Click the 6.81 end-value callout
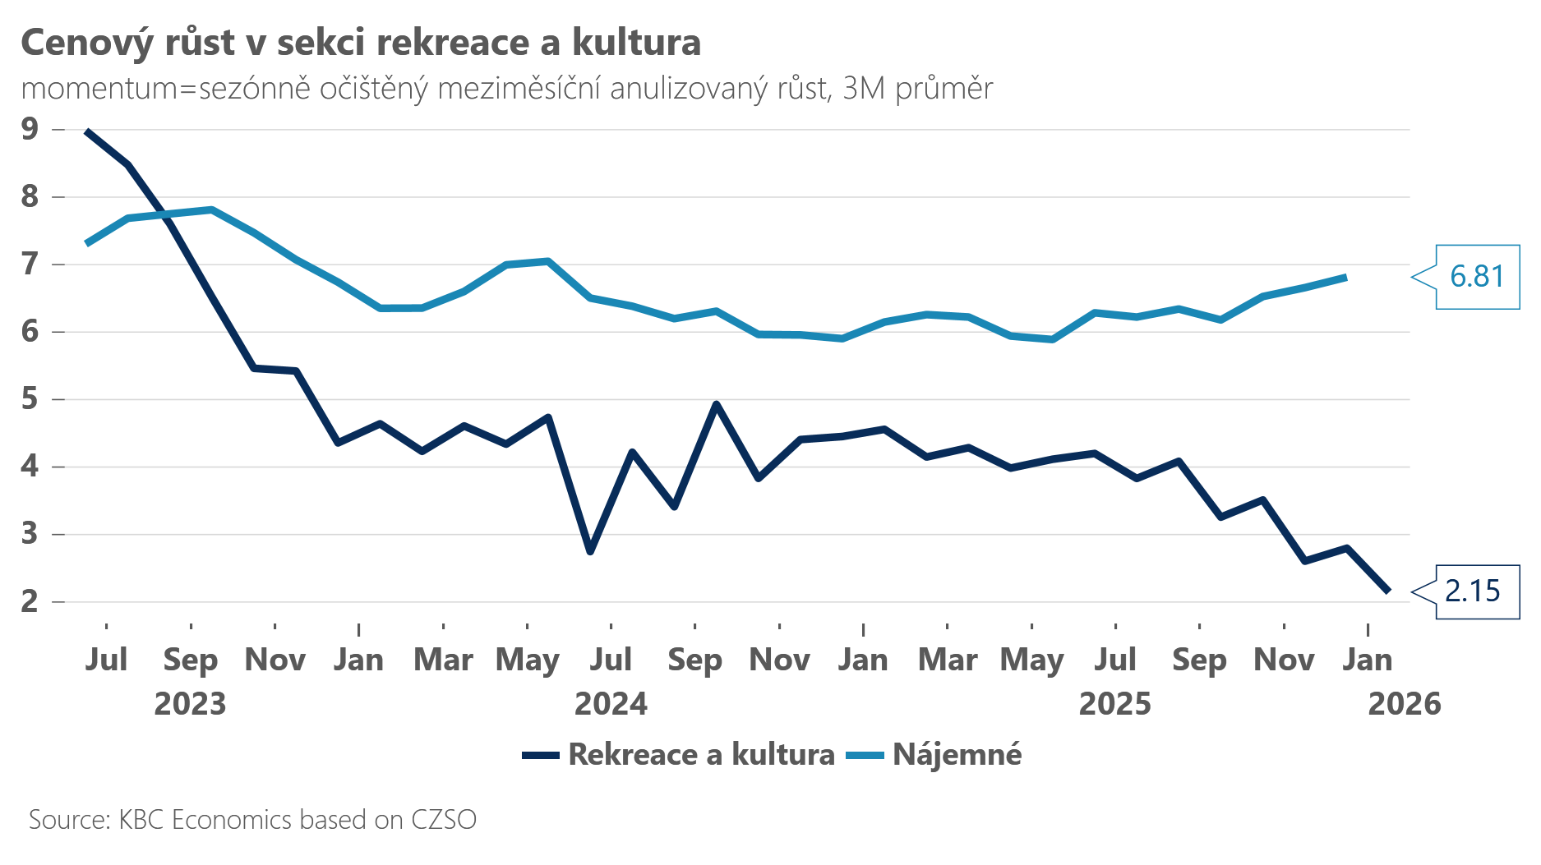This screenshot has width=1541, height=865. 1477,277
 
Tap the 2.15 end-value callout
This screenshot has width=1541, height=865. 1472,591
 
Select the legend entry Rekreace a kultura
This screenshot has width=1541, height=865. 700,754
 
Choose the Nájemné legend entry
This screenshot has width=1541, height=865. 957,754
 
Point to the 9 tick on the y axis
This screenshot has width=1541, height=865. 30,129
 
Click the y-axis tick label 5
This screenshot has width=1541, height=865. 30,399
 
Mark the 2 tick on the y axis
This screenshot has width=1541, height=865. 30,601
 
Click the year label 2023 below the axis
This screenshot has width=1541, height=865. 190,704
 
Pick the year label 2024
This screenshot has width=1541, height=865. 611,704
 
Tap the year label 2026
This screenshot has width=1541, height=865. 1404,704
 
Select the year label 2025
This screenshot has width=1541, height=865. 1114,704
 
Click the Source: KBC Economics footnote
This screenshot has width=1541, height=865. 252,820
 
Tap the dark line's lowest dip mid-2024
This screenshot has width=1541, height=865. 590,552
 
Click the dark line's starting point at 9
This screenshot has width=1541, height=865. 87,131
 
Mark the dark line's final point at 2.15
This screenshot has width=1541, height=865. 1388,591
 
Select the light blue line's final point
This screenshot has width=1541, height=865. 1345,277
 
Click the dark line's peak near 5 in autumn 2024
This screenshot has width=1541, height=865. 716,404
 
